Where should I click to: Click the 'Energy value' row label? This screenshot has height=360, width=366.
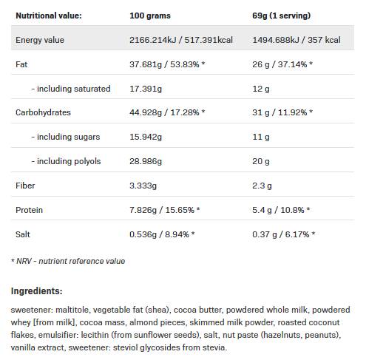pos(40,40)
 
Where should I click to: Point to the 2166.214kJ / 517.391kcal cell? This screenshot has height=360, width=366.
pos(180,40)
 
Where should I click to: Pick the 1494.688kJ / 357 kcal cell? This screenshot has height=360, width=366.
pos(295,40)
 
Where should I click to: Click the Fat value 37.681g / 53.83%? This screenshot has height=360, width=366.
pos(166,64)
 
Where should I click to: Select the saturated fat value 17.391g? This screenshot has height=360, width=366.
pos(146,89)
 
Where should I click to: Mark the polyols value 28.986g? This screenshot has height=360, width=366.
pos(146,161)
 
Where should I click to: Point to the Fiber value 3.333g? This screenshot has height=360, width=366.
pos(143,186)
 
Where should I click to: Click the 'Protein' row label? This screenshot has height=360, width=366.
pos(30,210)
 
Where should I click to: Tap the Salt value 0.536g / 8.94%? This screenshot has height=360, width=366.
pos(161,234)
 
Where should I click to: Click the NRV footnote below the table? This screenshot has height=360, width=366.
pos(68,261)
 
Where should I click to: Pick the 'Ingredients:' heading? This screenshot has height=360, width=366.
pos(37,291)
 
